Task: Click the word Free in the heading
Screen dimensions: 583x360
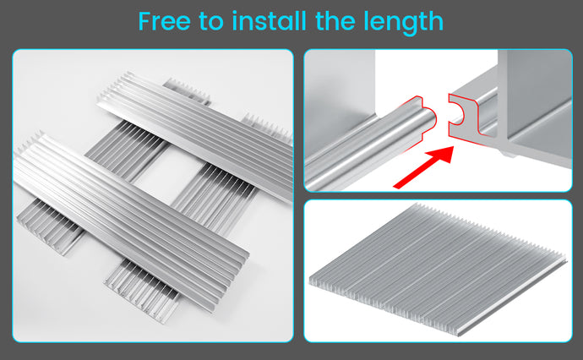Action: [x=164, y=22]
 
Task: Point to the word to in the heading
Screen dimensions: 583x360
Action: [x=211, y=22]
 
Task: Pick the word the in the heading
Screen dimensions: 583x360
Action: [x=335, y=21]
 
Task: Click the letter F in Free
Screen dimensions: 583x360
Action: [x=145, y=22]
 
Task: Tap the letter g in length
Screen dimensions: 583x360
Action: [x=411, y=26]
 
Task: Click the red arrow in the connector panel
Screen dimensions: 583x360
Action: [x=424, y=167]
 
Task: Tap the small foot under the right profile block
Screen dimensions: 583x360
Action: [x=508, y=153]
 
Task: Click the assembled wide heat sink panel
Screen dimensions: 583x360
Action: [x=438, y=269]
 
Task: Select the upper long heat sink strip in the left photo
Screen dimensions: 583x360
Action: [x=194, y=136]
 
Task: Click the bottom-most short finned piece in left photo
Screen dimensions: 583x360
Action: [x=142, y=289]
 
